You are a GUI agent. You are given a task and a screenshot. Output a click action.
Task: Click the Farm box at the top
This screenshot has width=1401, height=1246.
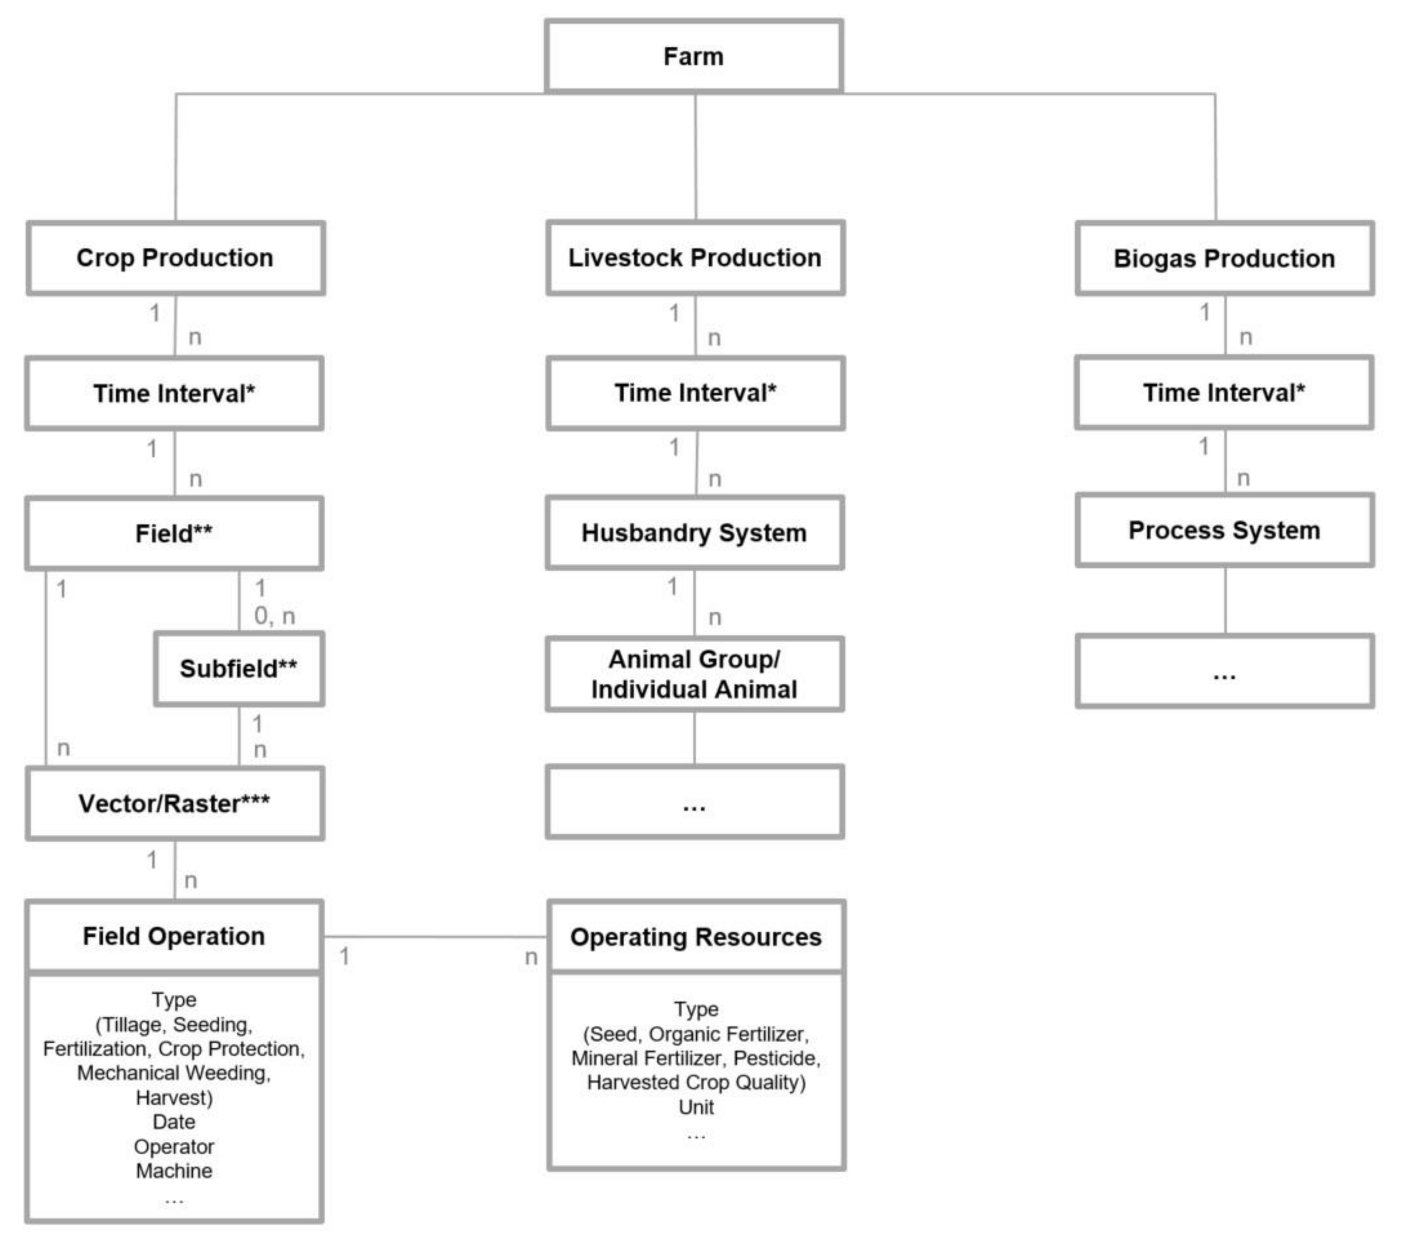point(694,56)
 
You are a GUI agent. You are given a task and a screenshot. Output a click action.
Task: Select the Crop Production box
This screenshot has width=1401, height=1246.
point(175,258)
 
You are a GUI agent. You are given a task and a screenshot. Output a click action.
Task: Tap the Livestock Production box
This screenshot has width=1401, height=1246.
point(695,258)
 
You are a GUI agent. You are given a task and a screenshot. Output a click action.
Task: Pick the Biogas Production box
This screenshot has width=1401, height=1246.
point(1224,259)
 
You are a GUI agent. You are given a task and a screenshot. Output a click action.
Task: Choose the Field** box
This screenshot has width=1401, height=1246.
point(174,534)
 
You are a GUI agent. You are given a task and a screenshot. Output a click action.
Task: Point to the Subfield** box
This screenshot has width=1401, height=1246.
point(238,668)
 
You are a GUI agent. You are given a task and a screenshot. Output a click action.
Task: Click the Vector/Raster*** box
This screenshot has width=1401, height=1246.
point(174,803)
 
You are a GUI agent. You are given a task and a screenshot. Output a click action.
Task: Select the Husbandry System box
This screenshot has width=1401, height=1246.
point(694,533)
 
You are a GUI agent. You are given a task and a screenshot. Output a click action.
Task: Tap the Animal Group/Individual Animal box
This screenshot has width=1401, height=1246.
point(694,674)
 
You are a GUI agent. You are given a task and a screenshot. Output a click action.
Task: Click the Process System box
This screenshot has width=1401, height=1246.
point(1224,530)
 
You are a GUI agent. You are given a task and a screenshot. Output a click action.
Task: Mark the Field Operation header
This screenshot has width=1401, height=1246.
point(174,936)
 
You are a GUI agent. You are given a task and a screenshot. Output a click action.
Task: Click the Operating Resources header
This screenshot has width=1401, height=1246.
point(696,937)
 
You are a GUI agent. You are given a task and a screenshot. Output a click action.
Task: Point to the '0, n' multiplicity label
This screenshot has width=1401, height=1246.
point(274,616)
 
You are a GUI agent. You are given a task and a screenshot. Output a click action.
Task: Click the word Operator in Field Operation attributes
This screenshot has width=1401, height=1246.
point(174,1147)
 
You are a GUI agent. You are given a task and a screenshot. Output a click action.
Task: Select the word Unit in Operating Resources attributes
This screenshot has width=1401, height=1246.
point(696,1107)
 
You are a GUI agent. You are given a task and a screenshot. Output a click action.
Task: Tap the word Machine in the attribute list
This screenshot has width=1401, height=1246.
point(174,1170)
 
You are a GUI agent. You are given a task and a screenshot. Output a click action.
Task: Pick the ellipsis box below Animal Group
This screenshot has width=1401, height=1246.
point(694,802)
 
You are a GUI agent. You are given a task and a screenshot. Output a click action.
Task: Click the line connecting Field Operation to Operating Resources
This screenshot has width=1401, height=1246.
point(435,936)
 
